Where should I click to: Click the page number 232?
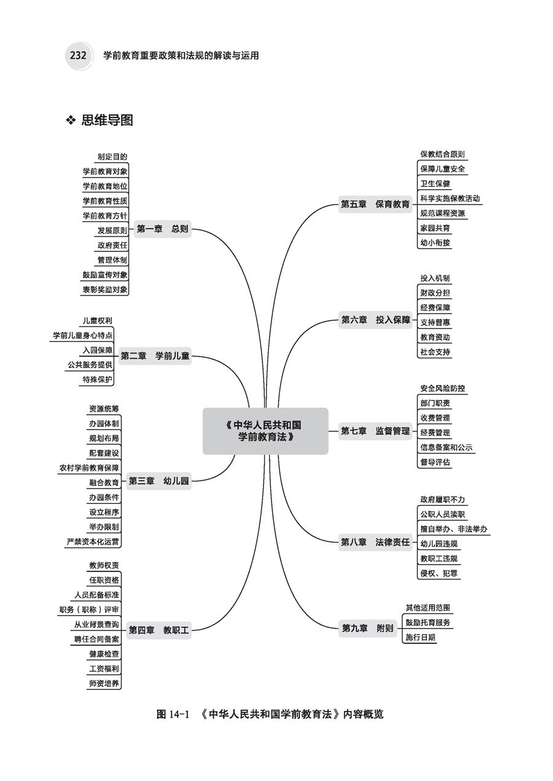pyautogui.click(x=77, y=55)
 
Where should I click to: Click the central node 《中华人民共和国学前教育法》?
pyautogui.click(x=265, y=431)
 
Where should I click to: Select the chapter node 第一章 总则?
pyautogui.click(x=162, y=229)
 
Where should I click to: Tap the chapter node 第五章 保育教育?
pyautogui.click(x=375, y=205)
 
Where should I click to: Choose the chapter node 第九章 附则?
pyautogui.click(x=367, y=628)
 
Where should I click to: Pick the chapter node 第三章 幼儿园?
pyautogui.click(x=159, y=481)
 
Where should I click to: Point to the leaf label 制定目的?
pyautogui.click(x=112, y=157)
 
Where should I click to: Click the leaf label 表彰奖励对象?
pyautogui.click(x=105, y=289)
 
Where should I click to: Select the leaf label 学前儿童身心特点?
pyautogui.click(x=82, y=336)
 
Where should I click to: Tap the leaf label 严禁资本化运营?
pyautogui.click(x=93, y=542)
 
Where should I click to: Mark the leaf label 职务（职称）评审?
pyautogui.click(x=89, y=610)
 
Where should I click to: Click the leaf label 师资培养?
pyautogui.click(x=104, y=683)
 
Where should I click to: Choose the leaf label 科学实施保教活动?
pyautogui.click(x=450, y=198)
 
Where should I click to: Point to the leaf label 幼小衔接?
pyautogui.click(x=435, y=243)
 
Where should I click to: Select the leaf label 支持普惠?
pyautogui.click(x=435, y=323)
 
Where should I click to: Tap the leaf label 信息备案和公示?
pyautogui.click(x=446, y=447)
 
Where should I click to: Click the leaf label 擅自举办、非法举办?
pyautogui.click(x=454, y=528)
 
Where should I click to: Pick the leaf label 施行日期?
pyautogui.click(x=420, y=637)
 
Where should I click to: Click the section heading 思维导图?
pyautogui.click(x=107, y=120)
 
